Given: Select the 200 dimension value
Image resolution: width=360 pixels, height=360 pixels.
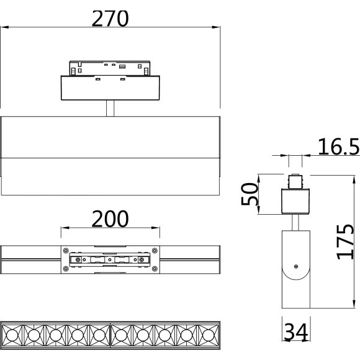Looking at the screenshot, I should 110,218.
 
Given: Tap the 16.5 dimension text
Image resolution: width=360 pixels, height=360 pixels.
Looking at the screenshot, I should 338,146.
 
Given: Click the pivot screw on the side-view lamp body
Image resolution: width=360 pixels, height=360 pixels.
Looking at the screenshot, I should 297,266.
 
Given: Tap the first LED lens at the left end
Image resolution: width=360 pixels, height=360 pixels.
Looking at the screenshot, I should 13,335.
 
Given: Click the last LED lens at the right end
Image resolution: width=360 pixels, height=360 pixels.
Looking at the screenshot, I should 208,335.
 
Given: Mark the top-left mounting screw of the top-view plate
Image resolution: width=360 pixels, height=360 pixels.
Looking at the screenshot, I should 65,250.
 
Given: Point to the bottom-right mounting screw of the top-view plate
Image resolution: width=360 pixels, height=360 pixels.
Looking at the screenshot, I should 155,268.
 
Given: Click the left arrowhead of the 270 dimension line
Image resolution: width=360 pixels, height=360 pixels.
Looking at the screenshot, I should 4,27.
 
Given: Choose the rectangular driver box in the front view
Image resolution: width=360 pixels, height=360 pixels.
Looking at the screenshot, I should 110,88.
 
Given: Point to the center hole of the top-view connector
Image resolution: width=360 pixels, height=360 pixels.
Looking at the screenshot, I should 110,259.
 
